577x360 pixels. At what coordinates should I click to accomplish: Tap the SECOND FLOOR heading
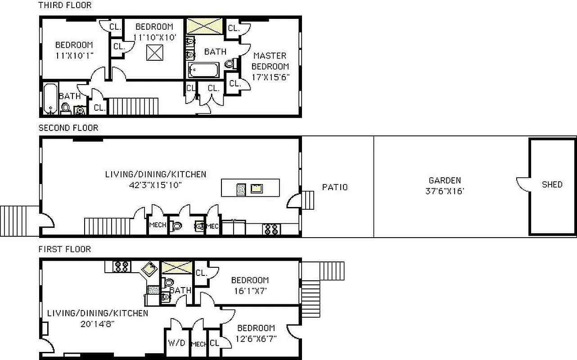(68, 128)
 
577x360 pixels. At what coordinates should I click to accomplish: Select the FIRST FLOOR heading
(64, 249)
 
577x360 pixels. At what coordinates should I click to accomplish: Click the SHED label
(552, 184)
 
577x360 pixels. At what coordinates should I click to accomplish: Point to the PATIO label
(335, 187)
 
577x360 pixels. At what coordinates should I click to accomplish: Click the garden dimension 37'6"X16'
(444, 191)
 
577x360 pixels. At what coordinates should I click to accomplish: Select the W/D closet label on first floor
(176, 343)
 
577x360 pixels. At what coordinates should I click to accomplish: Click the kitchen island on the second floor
(250, 188)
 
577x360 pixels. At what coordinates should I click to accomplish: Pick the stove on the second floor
(271, 229)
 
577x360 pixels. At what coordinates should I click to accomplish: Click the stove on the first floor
(122, 266)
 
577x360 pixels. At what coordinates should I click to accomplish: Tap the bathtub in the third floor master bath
(204, 71)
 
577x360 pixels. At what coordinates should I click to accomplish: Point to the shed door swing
(523, 183)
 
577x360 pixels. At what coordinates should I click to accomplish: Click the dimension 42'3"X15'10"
(156, 184)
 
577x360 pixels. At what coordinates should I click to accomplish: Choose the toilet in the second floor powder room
(176, 226)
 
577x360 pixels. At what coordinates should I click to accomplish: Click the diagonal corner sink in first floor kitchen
(149, 269)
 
